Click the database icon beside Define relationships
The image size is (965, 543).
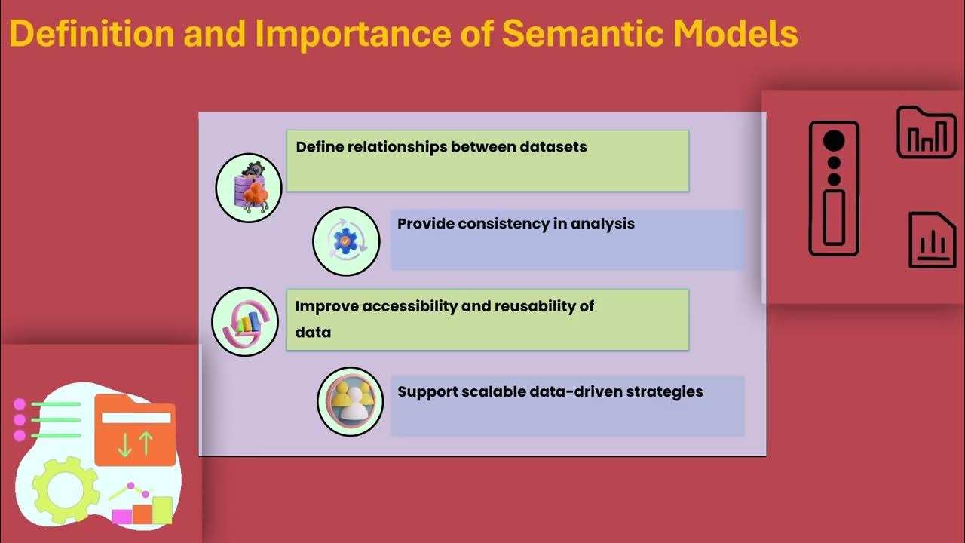pyautogui.click(x=249, y=187)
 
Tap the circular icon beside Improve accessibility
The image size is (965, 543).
pyautogui.click(x=245, y=322)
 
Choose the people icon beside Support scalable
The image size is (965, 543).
pyautogui.click(x=350, y=401)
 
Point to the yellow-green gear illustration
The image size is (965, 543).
pyautogui.click(x=66, y=489)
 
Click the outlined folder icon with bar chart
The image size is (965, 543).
pyautogui.click(x=926, y=133)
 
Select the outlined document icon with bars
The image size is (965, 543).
pyautogui.click(x=932, y=240)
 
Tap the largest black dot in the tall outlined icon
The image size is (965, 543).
pyautogui.click(x=834, y=141)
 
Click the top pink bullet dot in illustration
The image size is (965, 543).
pyautogui.click(x=20, y=404)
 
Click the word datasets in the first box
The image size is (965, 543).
pyautogui.click(x=553, y=146)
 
